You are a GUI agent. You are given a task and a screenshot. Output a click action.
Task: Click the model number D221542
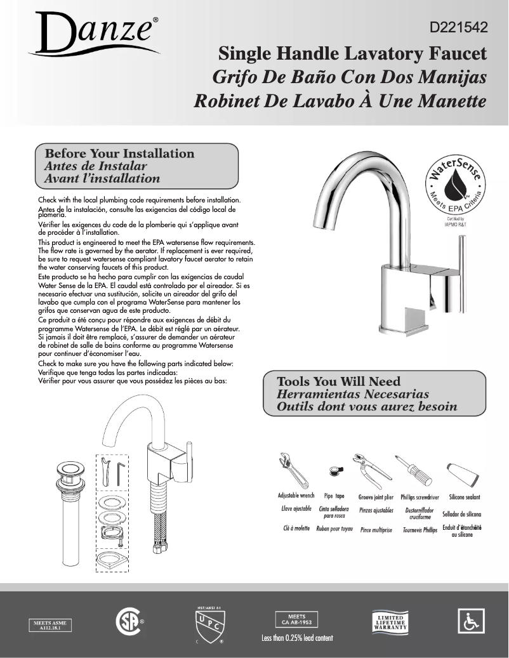click(x=458, y=28)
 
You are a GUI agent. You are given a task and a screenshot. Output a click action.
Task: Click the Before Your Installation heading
click(x=119, y=154)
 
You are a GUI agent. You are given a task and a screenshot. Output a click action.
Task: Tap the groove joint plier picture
click(x=373, y=469)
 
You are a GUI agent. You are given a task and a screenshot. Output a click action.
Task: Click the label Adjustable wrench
click(x=296, y=496)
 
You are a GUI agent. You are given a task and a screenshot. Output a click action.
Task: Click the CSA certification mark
click(x=128, y=621)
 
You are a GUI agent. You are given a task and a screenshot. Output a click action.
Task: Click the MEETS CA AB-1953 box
click(x=296, y=619)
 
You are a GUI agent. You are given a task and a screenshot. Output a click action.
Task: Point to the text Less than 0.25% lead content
click(x=297, y=638)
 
